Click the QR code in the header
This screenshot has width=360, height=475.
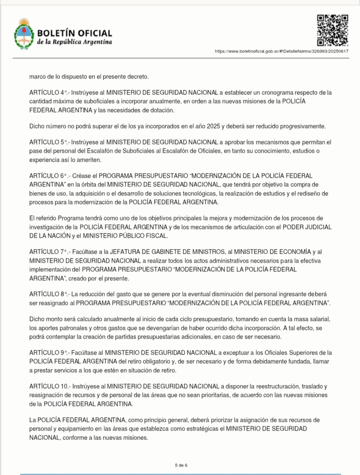click(332, 31)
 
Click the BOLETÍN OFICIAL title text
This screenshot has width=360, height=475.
click(74, 33)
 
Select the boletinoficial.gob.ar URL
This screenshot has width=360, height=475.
click(282, 51)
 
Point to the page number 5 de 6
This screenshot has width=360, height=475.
click(180, 464)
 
